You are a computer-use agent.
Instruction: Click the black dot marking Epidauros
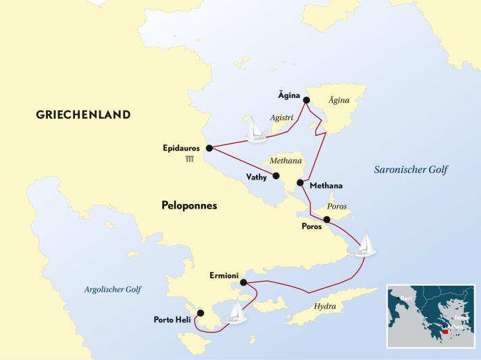click(x=209, y=148)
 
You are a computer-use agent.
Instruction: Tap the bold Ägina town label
click(x=289, y=96)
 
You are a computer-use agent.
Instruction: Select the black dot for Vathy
click(x=276, y=176)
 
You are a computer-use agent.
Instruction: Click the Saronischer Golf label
click(x=411, y=170)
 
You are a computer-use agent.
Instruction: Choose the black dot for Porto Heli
click(x=199, y=313)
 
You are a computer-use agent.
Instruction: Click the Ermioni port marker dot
click(x=243, y=283)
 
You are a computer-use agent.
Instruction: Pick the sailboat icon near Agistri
click(x=255, y=129)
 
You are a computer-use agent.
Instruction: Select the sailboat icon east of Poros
click(x=363, y=245)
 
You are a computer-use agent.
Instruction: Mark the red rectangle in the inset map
click(x=445, y=332)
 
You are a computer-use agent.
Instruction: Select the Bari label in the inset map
click(x=405, y=297)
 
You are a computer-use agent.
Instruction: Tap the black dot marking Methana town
click(x=300, y=182)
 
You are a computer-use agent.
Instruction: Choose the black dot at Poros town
click(x=327, y=219)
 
